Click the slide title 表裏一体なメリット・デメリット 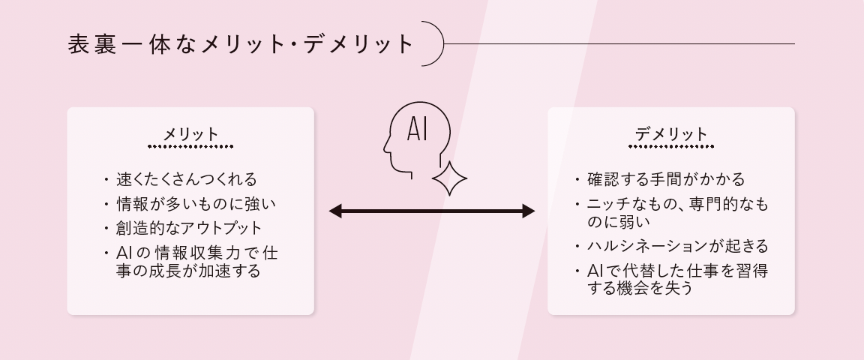coord(241,43)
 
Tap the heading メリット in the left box coord(190,134)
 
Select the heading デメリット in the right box coord(670,134)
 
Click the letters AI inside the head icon coord(417,129)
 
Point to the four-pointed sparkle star coord(449,178)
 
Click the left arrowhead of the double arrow coord(335,211)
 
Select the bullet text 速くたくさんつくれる coord(186,180)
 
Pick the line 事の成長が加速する coord(188,271)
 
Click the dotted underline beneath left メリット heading coord(190,147)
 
